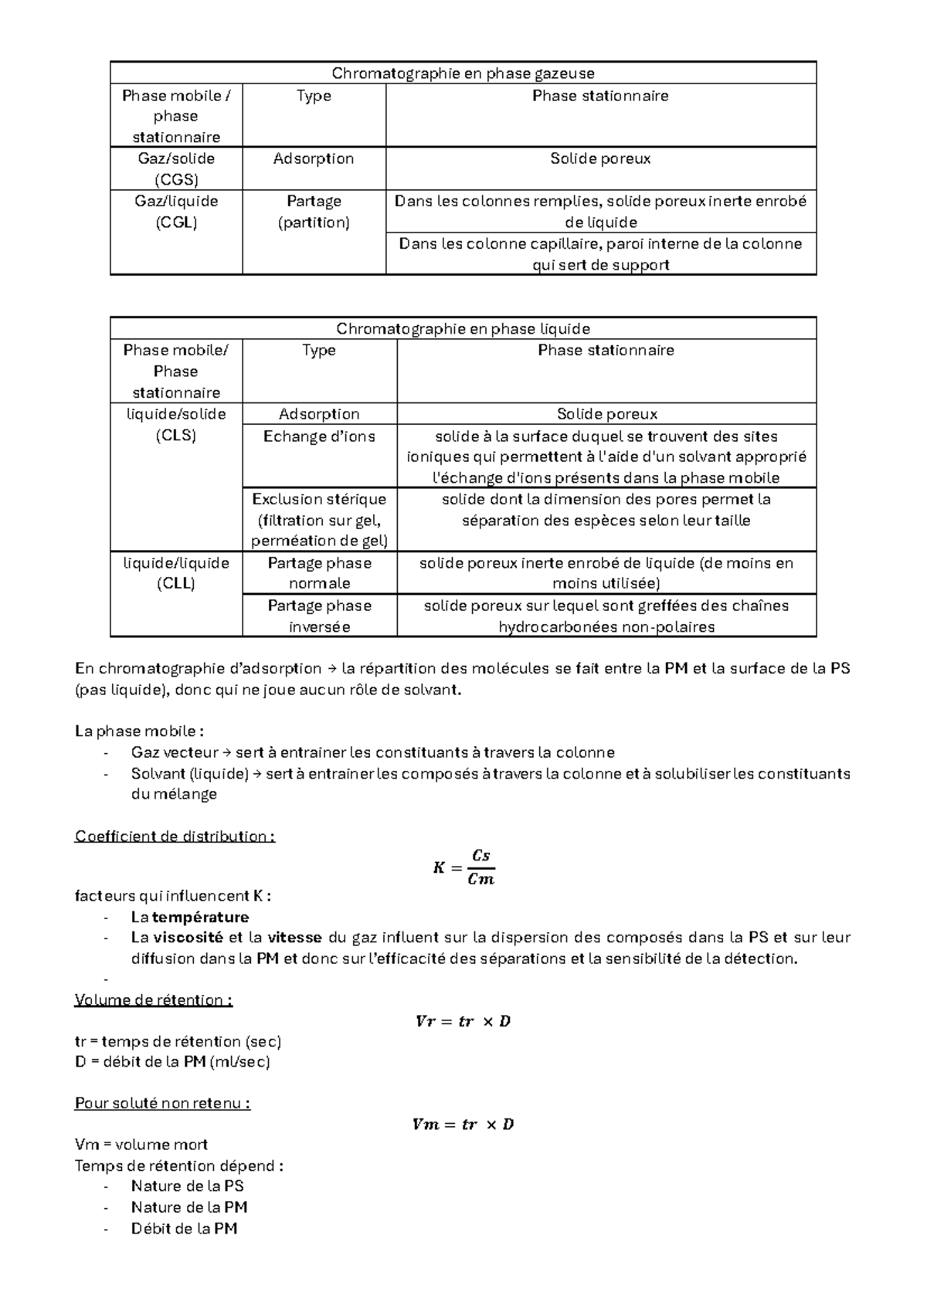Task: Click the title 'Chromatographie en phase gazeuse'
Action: coord(463,73)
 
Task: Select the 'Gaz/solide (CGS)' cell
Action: coord(176,169)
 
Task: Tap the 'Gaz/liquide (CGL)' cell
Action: coord(176,212)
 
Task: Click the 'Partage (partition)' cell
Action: coord(314,212)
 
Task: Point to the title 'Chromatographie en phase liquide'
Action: coord(463,328)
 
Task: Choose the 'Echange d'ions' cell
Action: coord(319,436)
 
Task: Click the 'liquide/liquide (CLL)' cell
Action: coord(176,573)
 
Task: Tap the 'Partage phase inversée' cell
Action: coord(319,616)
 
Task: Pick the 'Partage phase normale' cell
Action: coord(319,573)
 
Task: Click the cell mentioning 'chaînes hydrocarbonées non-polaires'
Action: coord(606,616)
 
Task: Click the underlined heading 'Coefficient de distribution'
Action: coord(175,837)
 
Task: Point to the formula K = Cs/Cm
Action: coord(463,867)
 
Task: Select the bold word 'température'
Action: coord(200,918)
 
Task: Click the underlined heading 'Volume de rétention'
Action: coord(153,1000)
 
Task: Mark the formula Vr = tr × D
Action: coord(463,1022)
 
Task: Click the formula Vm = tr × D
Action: coord(463,1125)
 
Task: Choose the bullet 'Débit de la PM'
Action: coord(184,1229)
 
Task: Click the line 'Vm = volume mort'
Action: coord(141,1145)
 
